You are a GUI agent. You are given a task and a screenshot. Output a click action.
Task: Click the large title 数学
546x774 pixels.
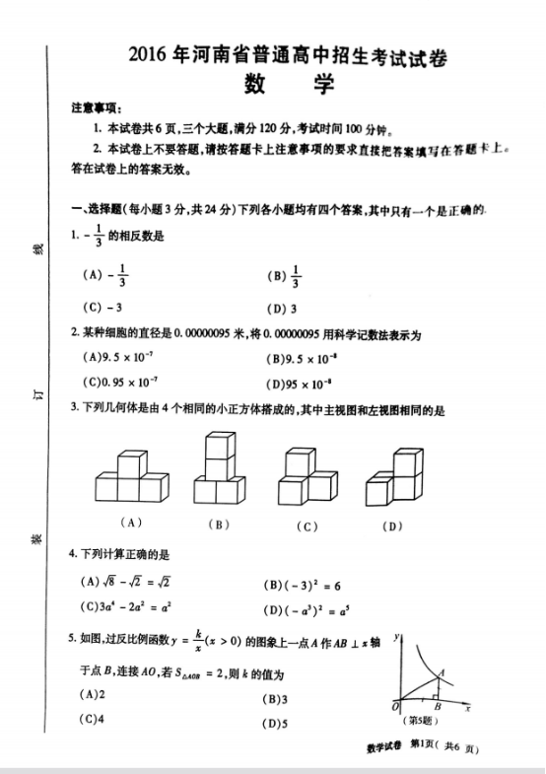(287, 86)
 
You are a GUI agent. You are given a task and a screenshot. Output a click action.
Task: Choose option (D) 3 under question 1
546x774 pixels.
(282, 308)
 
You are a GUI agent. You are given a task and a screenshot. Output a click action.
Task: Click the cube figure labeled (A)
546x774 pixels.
(130, 478)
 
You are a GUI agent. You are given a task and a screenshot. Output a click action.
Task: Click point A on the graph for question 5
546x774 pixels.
(440, 674)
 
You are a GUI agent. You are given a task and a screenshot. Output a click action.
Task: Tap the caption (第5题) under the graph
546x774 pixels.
(423, 721)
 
